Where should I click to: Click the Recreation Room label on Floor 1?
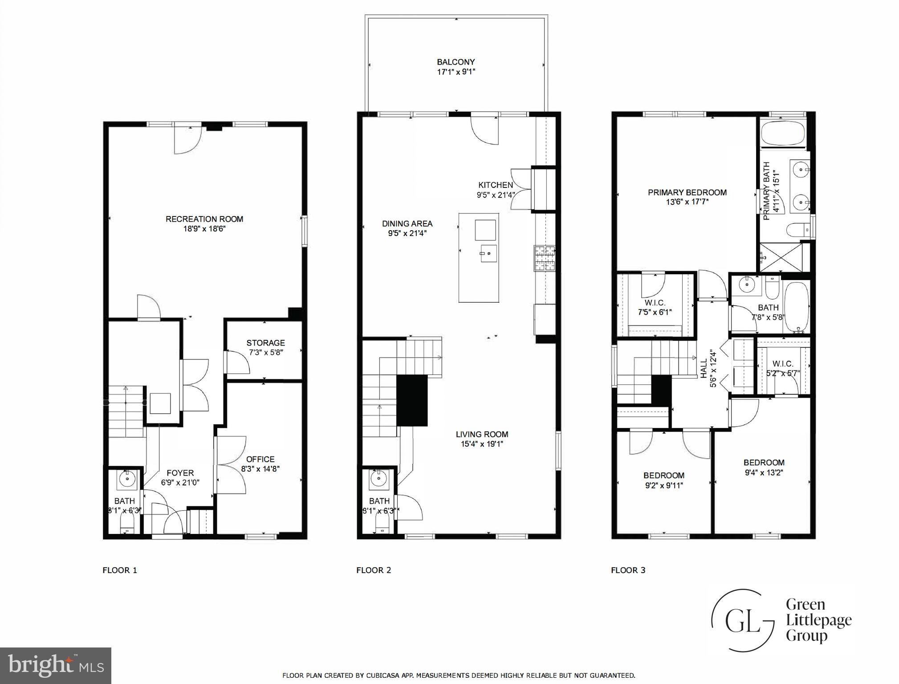click(x=204, y=219)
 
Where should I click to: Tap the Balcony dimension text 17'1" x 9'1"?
click(x=456, y=72)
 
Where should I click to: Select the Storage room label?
click(x=265, y=343)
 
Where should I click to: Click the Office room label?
click(x=260, y=459)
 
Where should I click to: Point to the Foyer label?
click(x=180, y=473)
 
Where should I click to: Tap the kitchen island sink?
click(x=488, y=253)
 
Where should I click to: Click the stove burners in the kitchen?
click(x=545, y=259)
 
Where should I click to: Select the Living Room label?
click(x=482, y=434)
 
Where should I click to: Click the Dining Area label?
click(x=407, y=224)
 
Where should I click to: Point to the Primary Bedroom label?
click(x=687, y=192)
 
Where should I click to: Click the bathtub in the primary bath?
click(x=783, y=133)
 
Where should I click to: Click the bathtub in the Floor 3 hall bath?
click(x=797, y=307)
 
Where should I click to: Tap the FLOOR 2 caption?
click(x=374, y=570)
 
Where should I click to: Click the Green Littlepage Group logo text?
click(x=818, y=619)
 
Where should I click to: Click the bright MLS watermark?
click(x=56, y=665)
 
